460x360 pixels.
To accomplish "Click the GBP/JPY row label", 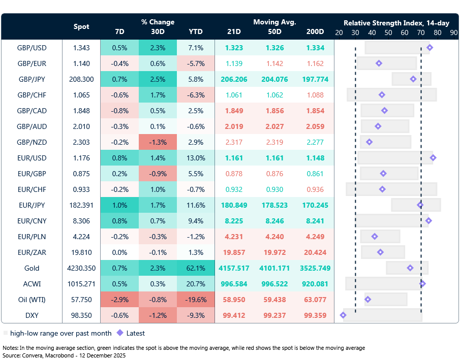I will pos(32,79).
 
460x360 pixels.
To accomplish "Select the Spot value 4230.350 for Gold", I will pos(81,268).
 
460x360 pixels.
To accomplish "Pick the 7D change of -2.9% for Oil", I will pos(119,300).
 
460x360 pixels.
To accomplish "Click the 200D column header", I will pos(315,31).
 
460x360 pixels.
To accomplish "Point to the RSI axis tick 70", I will pos(421,31).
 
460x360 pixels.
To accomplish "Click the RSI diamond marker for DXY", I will pos(343,315).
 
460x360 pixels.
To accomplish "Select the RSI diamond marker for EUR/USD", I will pos(433,158).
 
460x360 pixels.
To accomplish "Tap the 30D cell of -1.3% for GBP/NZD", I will pos(158,142).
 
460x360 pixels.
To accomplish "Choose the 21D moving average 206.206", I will pos(235,79).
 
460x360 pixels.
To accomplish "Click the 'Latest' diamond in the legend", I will pos(120,334).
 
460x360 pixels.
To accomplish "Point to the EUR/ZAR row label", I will pos(32,252).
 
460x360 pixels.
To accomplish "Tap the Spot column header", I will pos(81,26).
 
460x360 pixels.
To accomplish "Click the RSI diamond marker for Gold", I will pos(410,268).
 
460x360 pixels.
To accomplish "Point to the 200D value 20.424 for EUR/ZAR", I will pos(315,252).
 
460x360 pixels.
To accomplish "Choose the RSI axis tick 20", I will pos(339,31).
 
